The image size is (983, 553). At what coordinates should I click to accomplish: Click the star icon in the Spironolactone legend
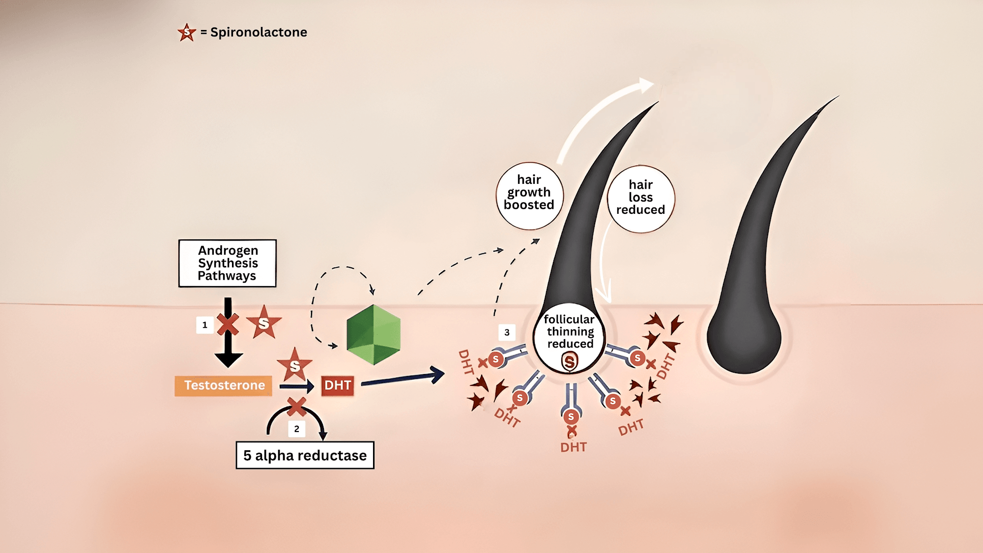[187, 32]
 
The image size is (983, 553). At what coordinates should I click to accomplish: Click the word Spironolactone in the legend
[259, 32]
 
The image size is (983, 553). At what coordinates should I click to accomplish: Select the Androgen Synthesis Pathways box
[228, 263]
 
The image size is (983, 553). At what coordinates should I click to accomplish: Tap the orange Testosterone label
[224, 385]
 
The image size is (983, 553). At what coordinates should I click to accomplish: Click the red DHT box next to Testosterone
[338, 385]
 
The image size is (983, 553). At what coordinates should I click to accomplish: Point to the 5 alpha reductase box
[305, 455]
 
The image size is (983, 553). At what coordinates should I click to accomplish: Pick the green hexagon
[374, 335]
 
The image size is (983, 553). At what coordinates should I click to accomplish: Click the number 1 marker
[204, 325]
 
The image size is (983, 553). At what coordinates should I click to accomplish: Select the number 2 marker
[296, 429]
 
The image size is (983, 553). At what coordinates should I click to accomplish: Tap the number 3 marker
[507, 332]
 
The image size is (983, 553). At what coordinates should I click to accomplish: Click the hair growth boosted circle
[529, 196]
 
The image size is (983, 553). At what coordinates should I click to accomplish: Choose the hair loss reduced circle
[641, 198]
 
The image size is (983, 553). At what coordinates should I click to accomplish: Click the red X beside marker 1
[228, 324]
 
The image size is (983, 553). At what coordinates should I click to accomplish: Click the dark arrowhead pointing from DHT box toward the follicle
[437, 375]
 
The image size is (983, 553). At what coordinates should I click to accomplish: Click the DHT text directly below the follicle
[573, 447]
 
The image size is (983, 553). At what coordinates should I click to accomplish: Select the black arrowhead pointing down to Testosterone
[228, 360]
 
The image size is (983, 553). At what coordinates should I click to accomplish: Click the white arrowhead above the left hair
[646, 86]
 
